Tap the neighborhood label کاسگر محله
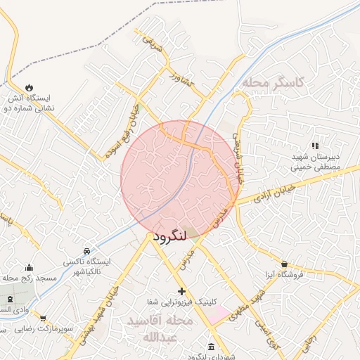point(274,83)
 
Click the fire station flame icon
point(29,86)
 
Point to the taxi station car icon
point(86,251)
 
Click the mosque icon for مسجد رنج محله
point(29,268)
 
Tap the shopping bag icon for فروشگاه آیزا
point(284,264)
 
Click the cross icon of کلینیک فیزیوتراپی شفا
point(181,291)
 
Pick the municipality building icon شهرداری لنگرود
point(212,347)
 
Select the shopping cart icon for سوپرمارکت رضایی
point(44,319)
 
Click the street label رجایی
point(310,343)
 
